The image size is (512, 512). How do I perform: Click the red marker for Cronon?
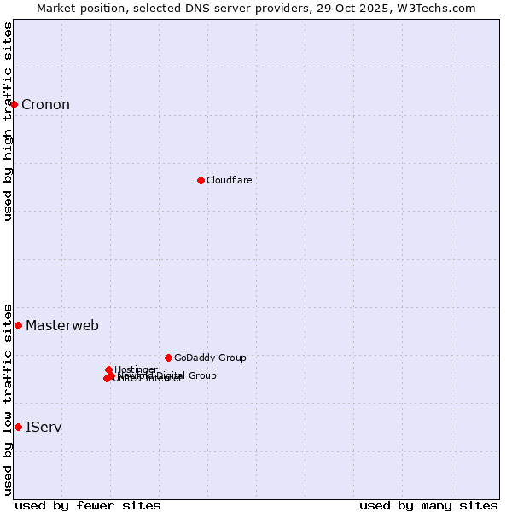(x=15, y=104)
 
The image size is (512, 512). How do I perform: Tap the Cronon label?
(x=45, y=105)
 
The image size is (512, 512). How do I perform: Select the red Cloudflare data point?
(x=201, y=180)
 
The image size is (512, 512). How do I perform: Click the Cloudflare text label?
(x=229, y=180)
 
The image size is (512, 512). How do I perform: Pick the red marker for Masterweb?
(x=18, y=325)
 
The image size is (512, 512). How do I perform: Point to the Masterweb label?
(x=61, y=325)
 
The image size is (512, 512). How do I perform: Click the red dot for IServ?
(x=18, y=427)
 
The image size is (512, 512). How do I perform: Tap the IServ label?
(x=44, y=427)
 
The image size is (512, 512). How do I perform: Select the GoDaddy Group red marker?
(x=168, y=358)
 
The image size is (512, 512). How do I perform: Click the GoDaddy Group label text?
(x=209, y=358)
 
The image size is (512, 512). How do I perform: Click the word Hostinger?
(x=136, y=369)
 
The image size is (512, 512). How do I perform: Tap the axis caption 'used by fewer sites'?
(x=88, y=505)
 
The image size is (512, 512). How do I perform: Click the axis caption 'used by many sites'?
(x=428, y=505)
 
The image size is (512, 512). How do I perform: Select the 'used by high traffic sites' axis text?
(x=8, y=121)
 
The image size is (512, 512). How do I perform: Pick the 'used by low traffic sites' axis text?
(x=8, y=399)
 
